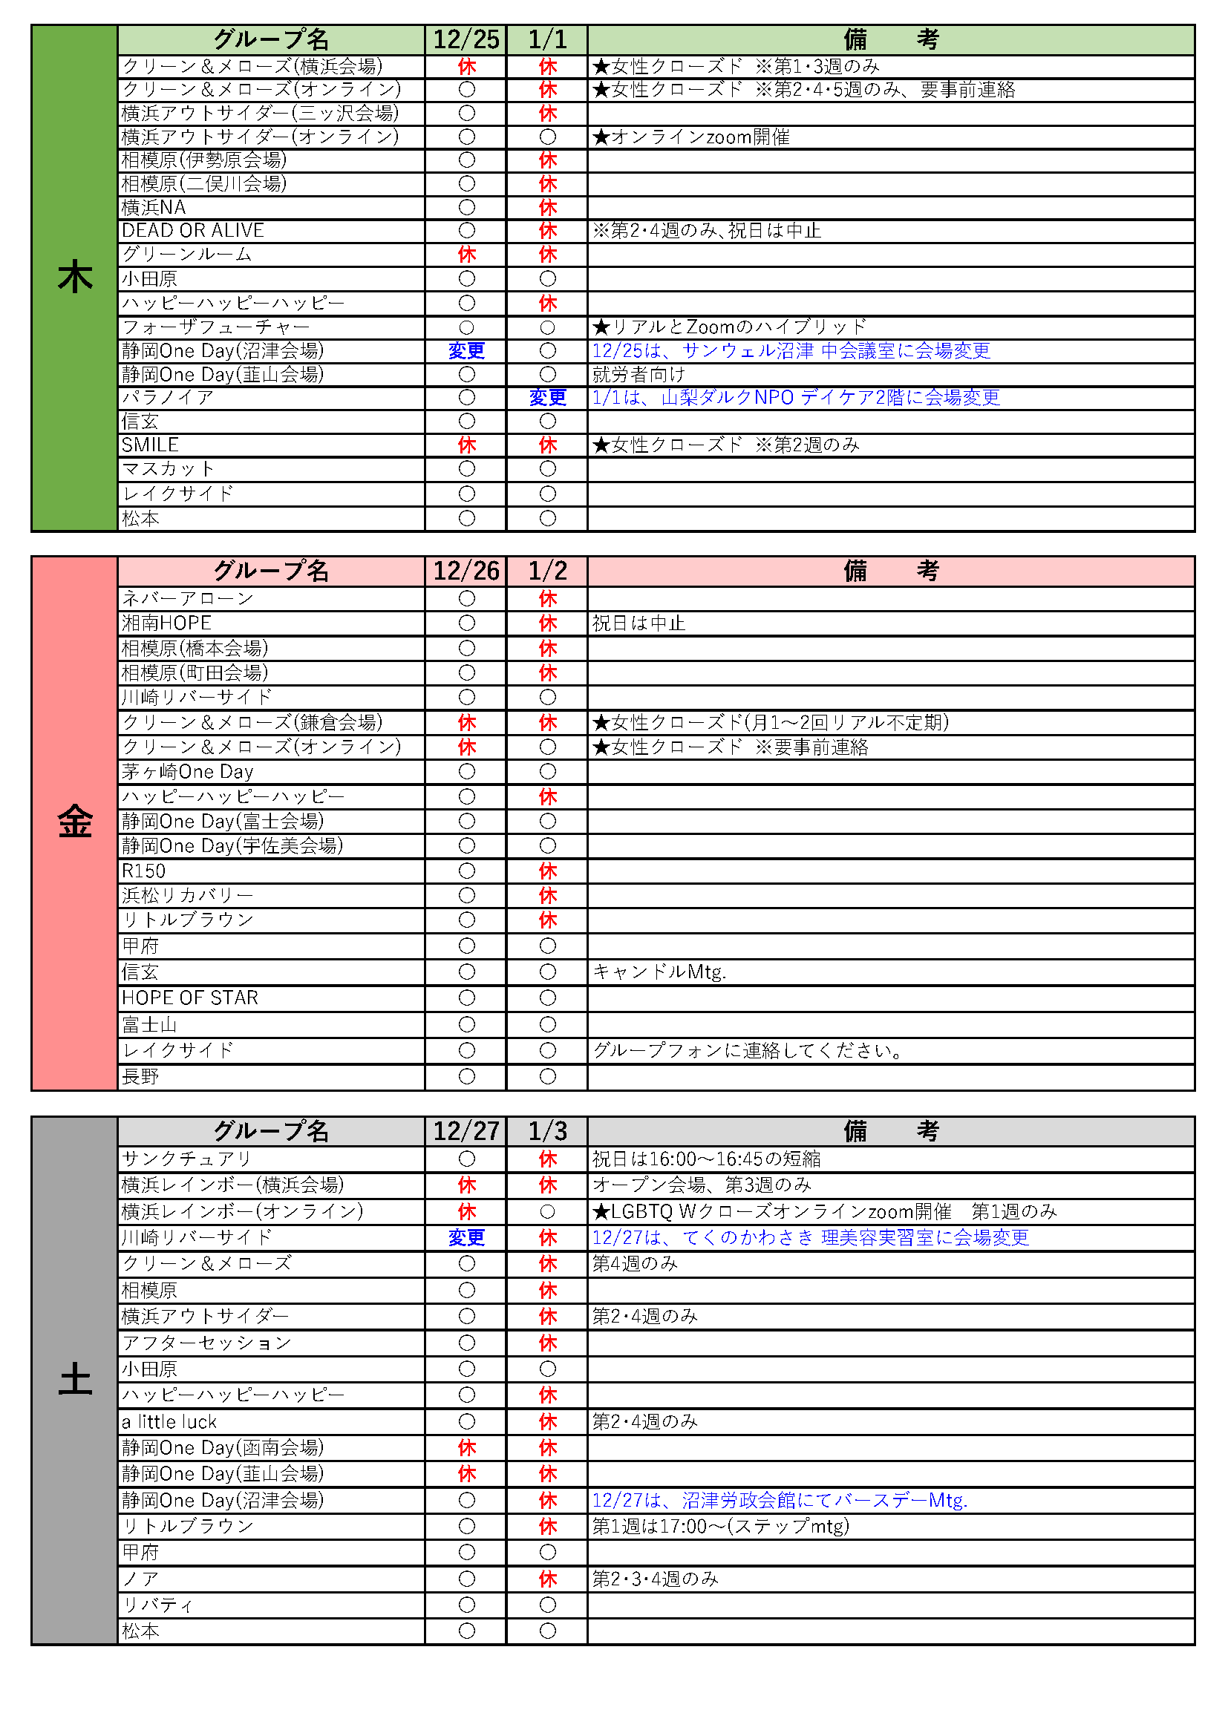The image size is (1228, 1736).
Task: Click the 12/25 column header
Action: tap(466, 39)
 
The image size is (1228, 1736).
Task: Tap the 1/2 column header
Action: tap(546, 571)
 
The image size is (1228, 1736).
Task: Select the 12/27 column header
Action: tap(466, 1131)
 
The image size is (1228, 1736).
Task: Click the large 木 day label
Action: tap(75, 278)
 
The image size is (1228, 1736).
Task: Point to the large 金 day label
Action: tap(75, 822)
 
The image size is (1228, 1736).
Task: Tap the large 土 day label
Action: tap(75, 1379)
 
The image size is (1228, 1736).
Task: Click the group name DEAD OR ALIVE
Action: tap(193, 231)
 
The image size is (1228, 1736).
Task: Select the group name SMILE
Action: tap(151, 445)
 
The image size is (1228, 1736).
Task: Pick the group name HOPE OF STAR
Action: tap(190, 998)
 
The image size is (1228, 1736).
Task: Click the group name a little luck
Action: tap(169, 1422)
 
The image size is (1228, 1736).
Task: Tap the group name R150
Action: tap(144, 871)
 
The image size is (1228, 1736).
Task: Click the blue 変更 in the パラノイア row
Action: tap(547, 398)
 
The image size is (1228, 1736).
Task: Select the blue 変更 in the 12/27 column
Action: tap(466, 1238)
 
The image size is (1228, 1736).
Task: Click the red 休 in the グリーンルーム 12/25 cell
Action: tap(466, 255)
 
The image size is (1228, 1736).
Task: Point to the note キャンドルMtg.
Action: tap(659, 972)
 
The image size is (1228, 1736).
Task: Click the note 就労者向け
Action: tap(639, 374)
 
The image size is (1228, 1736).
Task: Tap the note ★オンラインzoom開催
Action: tap(691, 137)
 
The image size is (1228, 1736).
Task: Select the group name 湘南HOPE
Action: tap(166, 623)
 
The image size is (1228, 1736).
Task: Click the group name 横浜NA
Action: tap(154, 207)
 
